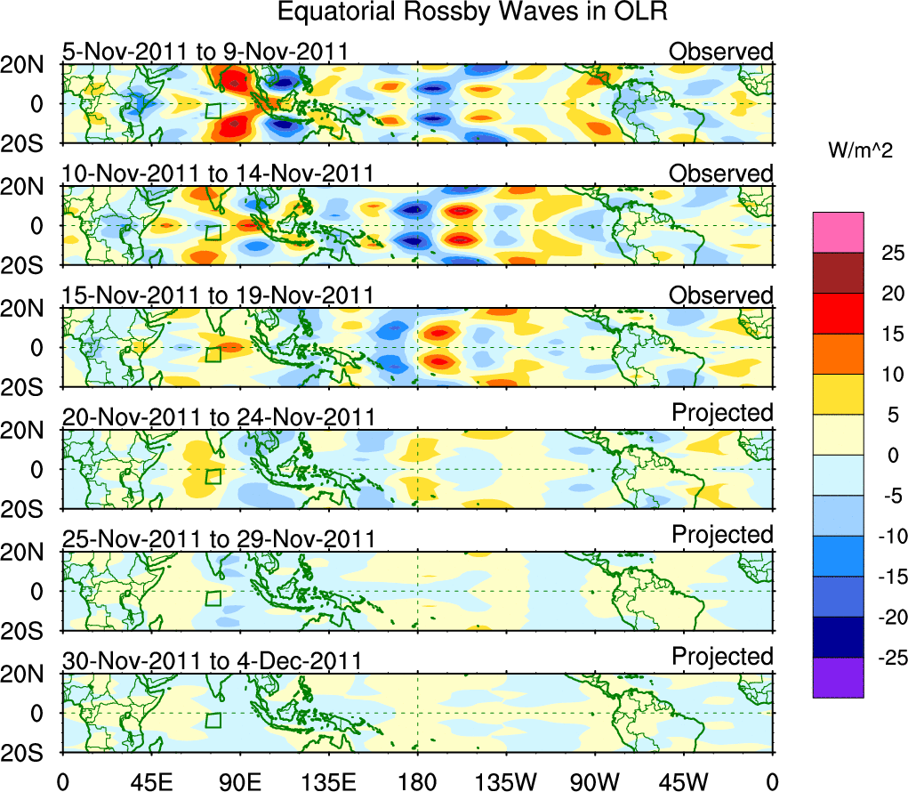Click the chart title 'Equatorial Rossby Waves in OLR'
click(472, 12)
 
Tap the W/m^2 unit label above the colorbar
click(860, 151)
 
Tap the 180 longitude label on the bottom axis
click(417, 782)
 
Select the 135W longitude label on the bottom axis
click(505, 782)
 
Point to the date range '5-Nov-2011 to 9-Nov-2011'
click(205, 53)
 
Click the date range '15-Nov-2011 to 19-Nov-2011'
click(218, 295)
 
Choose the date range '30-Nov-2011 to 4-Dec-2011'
click(212, 661)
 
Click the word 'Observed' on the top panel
click(721, 52)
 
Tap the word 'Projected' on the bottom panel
click(722, 657)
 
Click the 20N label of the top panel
click(29, 65)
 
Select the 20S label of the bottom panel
click(29, 753)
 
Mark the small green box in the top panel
click(213, 110)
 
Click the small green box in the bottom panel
click(213, 720)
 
